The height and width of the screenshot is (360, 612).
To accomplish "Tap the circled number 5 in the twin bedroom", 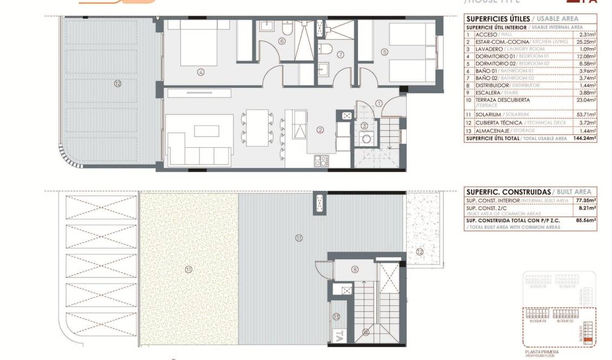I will [385, 53].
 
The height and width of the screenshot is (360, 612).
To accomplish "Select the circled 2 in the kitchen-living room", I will [320, 129].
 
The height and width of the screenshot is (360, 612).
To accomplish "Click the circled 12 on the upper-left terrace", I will [118, 83].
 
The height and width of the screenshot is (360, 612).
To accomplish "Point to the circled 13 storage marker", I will [336, 316].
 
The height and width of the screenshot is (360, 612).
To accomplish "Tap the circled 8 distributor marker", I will [355, 269].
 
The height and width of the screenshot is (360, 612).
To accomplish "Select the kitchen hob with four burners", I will [321, 160].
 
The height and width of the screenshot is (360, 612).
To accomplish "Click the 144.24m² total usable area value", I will [585, 139].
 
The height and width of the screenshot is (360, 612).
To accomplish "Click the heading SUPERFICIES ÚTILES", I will [494, 18].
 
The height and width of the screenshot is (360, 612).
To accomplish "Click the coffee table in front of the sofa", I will [204, 131].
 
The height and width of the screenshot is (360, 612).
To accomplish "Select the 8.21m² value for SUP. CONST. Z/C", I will [587, 208].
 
